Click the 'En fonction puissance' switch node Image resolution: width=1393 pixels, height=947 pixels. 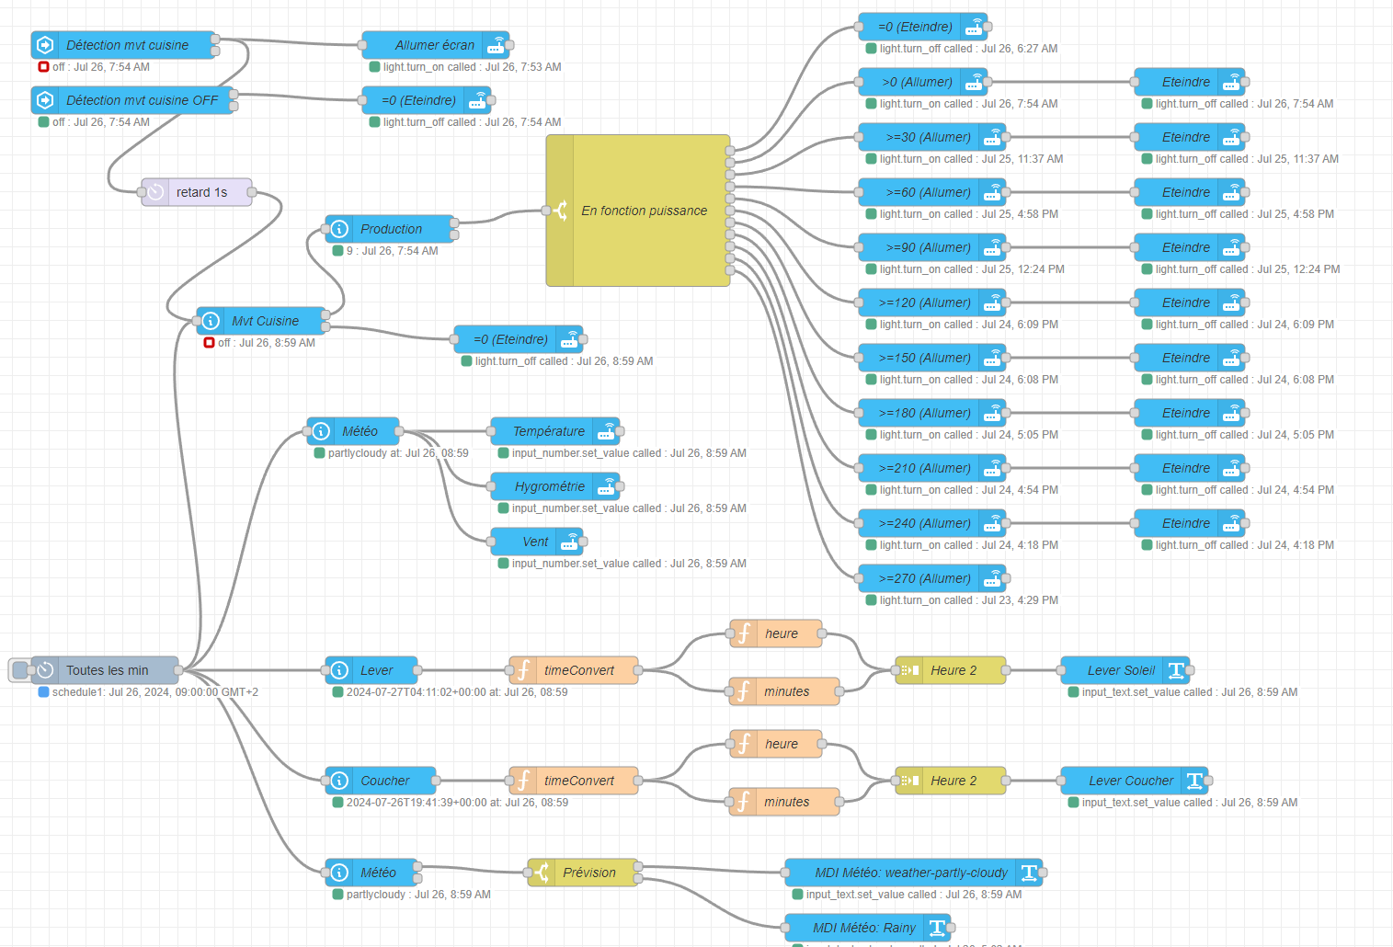point(637,211)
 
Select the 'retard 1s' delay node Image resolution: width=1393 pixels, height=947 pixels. point(197,192)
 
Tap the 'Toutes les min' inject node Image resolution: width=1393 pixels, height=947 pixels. point(105,670)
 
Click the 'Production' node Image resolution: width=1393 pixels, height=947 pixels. point(390,229)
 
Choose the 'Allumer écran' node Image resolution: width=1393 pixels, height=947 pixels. point(435,45)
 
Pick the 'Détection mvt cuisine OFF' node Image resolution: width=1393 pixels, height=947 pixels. point(132,100)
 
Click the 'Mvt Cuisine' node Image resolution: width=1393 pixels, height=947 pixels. point(261,321)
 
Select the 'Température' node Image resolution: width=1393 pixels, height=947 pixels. point(555,431)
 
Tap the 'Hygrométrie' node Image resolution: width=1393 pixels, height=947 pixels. point(555,486)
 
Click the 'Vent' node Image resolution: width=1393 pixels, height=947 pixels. point(537,542)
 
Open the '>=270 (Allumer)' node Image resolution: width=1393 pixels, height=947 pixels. point(932,578)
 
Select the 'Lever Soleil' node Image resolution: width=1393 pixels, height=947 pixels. point(1125,670)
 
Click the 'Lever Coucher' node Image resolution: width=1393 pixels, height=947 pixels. point(1135,781)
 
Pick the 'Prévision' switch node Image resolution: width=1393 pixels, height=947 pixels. point(583,873)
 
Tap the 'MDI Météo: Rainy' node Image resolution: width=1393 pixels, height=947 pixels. point(868,928)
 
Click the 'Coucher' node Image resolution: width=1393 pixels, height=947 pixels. point(381,781)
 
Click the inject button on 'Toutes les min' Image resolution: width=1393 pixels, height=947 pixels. point(20,670)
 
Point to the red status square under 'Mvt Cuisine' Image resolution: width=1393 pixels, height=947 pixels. point(209,343)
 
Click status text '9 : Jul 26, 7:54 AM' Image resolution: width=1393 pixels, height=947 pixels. point(392,251)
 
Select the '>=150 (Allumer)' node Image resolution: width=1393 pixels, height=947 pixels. point(932,358)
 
